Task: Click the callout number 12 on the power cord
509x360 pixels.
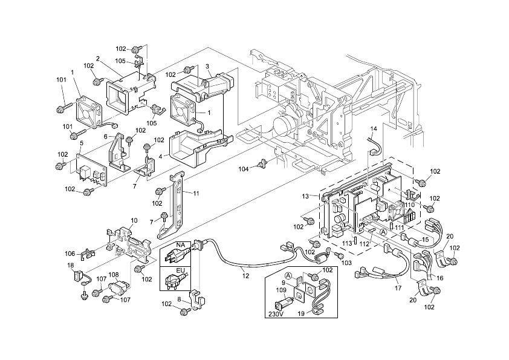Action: tap(245, 276)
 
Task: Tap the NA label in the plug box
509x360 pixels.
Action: tap(180, 244)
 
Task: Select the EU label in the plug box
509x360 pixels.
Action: tap(180, 270)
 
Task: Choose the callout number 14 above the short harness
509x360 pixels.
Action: tap(373, 129)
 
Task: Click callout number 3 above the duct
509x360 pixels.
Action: tap(207, 66)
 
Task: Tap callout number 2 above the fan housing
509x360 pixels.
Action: tap(97, 59)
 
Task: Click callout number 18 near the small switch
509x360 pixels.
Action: tap(71, 266)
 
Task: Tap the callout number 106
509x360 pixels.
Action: tap(70, 254)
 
